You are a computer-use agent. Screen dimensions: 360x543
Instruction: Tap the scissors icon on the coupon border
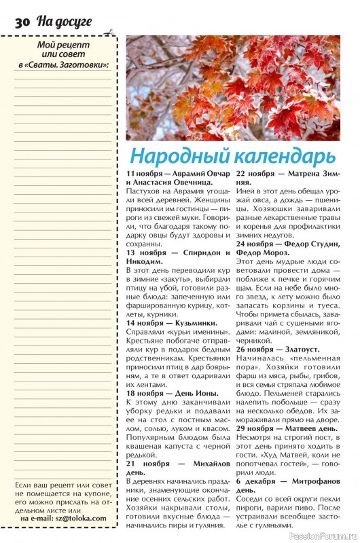109,32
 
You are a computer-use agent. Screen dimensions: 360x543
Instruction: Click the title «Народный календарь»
223,155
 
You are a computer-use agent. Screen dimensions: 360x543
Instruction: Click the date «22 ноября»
255,174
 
